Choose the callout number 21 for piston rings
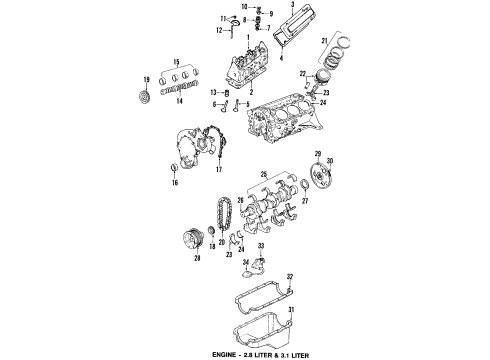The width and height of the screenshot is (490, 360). pyautogui.click(x=324, y=39)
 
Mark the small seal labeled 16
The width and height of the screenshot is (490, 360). pyautogui.click(x=174, y=168)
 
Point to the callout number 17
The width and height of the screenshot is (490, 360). pyautogui.click(x=216, y=171)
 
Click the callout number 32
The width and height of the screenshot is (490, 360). pyautogui.click(x=290, y=275)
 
